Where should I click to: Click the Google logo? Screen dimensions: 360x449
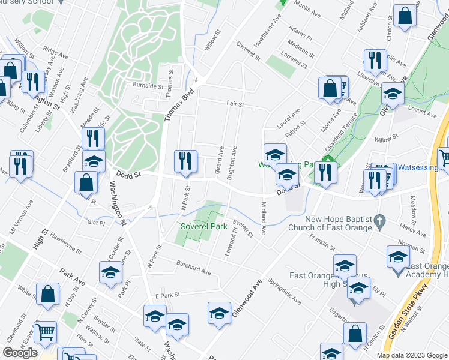click(20, 352)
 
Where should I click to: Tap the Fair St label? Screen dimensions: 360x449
click(235, 104)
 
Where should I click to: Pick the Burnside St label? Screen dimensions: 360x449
click(148, 86)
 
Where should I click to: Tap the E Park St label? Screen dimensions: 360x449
click(167, 295)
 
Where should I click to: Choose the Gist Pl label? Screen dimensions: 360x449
click(96, 222)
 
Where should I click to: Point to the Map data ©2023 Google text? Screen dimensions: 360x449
click(411, 355)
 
